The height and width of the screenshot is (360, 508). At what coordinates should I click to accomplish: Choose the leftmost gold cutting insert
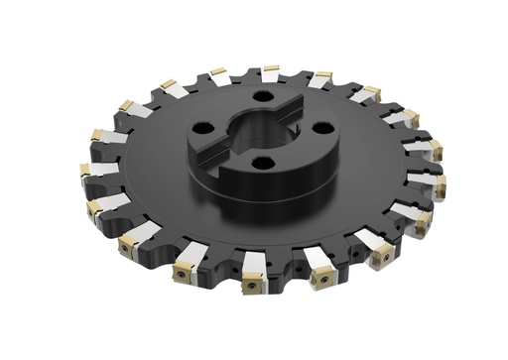click(x=84, y=170)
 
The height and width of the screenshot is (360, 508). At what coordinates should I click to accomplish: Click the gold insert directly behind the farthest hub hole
click(x=270, y=70)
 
